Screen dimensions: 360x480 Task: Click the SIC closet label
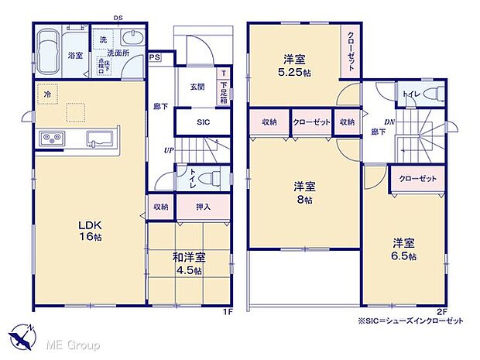[203, 122]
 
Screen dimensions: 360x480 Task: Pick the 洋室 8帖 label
[303, 193]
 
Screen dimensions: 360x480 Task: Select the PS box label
[155, 56]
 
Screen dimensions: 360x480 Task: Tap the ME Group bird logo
[23, 338]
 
